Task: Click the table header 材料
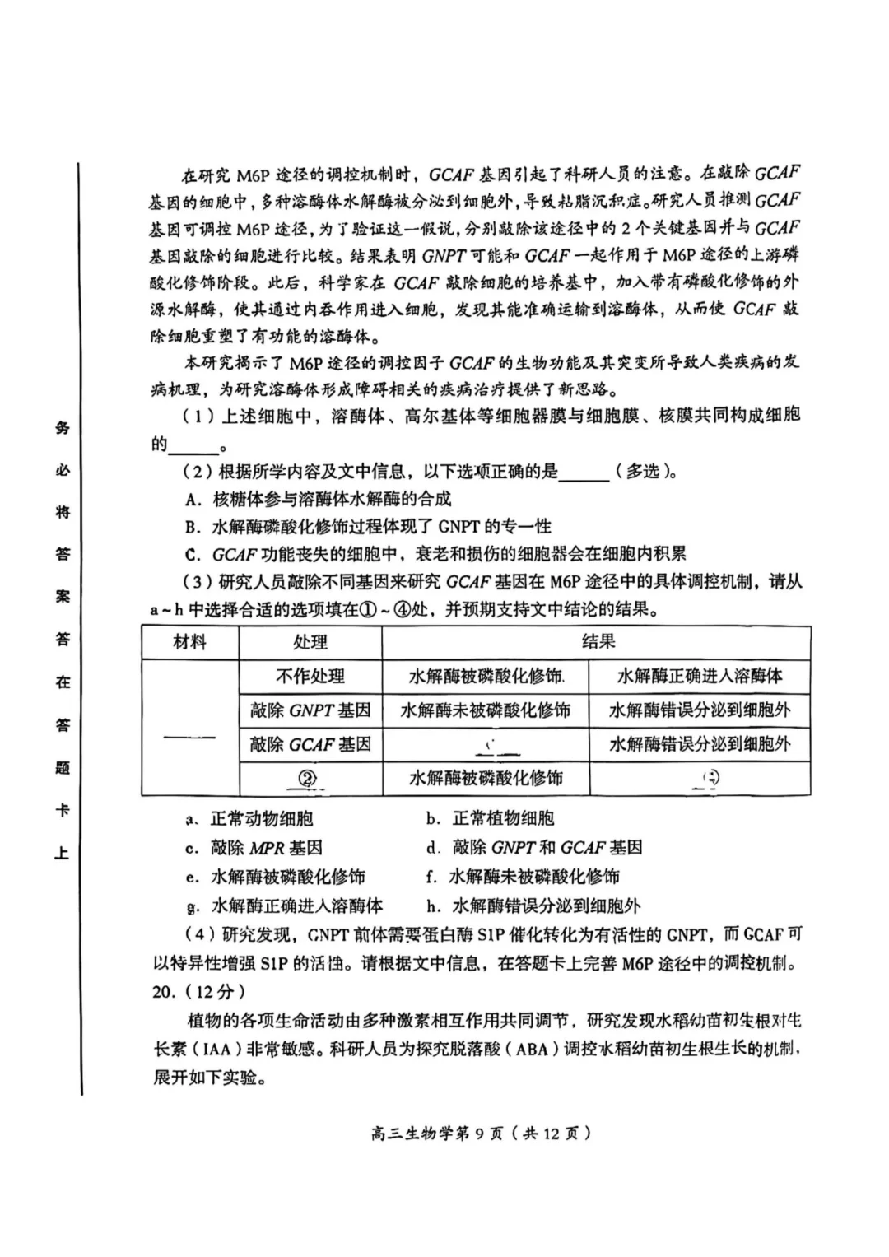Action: point(190,642)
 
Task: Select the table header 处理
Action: point(310,642)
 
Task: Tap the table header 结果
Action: point(598,642)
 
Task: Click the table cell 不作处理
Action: point(310,677)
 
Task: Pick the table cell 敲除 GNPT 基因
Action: point(310,710)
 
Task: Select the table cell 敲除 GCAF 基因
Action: point(310,744)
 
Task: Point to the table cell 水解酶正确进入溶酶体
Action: point(700,677)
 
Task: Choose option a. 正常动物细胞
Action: point(250,819)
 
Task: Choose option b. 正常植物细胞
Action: point(490,819)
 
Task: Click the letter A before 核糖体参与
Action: point(193,499)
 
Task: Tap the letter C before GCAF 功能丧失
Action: point(193,555)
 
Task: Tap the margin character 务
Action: point(63,427)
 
